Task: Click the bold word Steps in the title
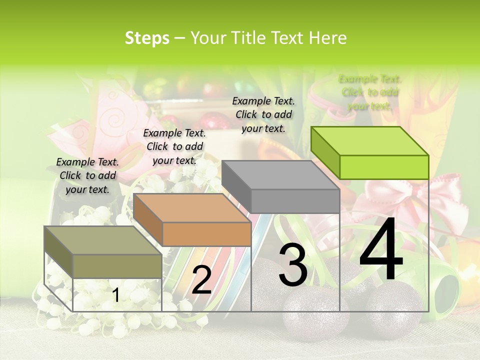(x=147, y=38)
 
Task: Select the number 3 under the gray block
(x=292, y=266)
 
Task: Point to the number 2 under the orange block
(x=201, y=280)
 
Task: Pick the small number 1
(x=115, y=295)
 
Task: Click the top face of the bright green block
(x=369, y=140)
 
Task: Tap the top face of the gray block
(x=280, y=174)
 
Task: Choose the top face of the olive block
(x=102, y=240)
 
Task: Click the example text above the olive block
(x=87, y=175)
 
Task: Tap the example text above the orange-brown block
(x=174, y=146)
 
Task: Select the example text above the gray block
(x=263, y=114)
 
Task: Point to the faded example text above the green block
(x=370, y=92)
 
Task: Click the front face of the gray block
(x=295, y=201)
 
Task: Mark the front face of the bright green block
(x=384, y=167)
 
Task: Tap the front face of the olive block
(x=117, y=265)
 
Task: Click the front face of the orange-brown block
(x=206, y=234)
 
